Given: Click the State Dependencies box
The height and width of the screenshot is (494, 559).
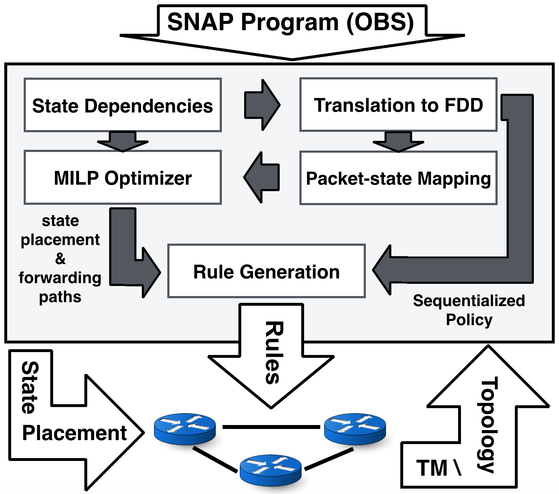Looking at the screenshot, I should click(122, 105).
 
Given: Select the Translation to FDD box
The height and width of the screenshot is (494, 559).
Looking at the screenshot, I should click(398, 105).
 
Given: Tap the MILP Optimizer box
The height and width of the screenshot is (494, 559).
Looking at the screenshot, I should click(122, 178).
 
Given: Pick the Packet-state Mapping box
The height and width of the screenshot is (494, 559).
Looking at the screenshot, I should click(398, 178).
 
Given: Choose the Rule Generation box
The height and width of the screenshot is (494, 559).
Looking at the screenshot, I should click(266, 271).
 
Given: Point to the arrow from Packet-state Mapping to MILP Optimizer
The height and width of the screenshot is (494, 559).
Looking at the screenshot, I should click(262, 177).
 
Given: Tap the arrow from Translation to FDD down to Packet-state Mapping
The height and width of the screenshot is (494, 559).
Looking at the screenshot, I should click(398, 142).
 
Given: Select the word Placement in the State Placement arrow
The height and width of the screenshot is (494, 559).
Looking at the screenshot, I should click(74, 433).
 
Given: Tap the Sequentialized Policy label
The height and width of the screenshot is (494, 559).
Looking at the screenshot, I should click(469, 310).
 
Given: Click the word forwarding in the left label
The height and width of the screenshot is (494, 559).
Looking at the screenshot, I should click(60, 278).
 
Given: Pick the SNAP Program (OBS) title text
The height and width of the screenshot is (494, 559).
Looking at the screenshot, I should click(290, 22).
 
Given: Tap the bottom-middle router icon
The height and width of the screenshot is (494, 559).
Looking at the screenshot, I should click(270, 469).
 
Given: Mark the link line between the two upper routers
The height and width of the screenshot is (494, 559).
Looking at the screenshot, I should click(271, 427).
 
